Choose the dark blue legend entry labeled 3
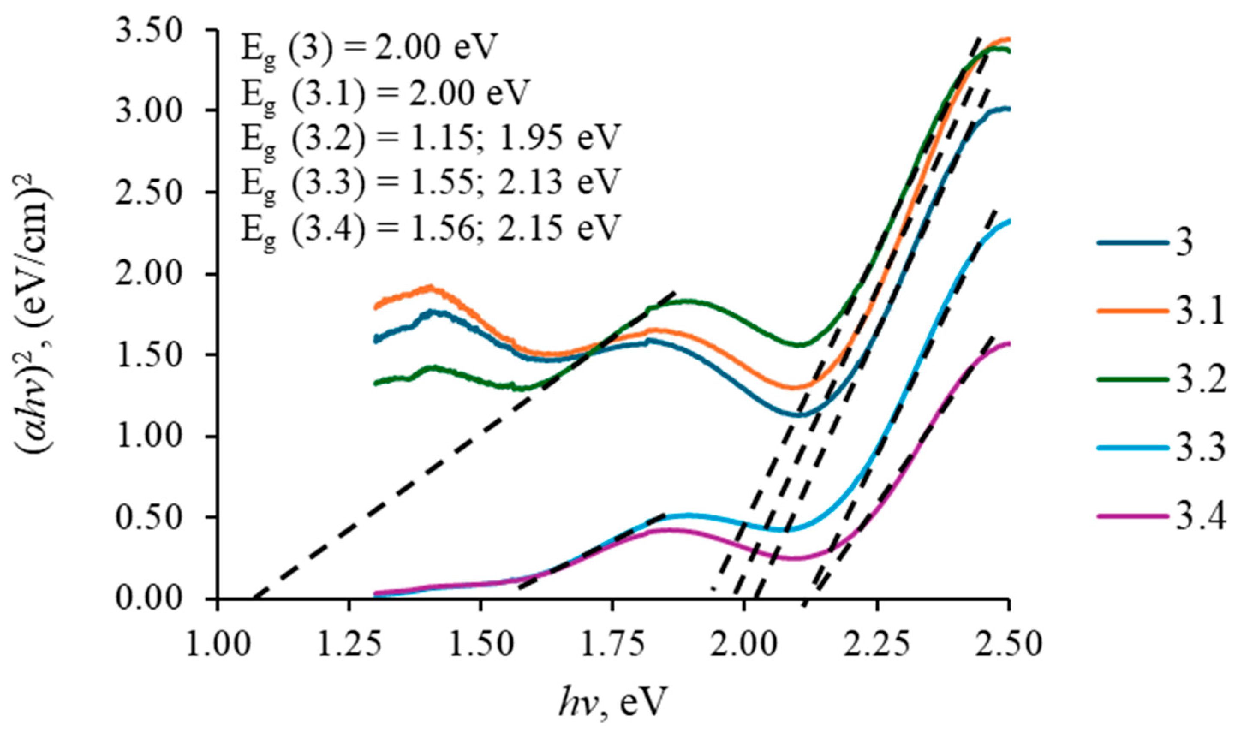(x=1150, y=243)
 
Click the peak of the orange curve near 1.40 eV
(x=430, y=288)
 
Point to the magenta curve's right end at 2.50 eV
(x=1008, y=344)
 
